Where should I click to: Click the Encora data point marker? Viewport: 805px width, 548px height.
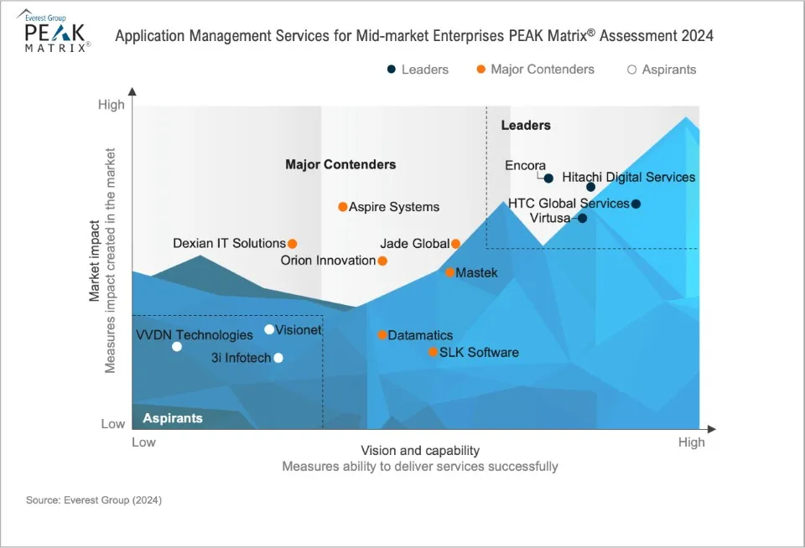pos(548,178)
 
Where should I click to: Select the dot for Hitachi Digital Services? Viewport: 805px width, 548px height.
pos(590,187)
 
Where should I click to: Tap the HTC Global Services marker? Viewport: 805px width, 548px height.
pos(636,204)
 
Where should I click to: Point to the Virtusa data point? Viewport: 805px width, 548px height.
pos(583,219)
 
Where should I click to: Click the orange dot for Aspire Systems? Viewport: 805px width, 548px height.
pos(342,207)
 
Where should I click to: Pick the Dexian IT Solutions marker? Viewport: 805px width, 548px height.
pos(293,244)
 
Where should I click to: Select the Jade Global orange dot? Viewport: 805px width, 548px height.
pos(456,244)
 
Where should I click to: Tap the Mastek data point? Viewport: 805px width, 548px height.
pos(450,272)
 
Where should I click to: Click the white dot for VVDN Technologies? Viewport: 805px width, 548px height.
pos(177,346)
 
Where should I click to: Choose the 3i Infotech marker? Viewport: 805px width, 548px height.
pos(278,358)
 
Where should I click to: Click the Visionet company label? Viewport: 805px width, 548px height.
pos(299,330)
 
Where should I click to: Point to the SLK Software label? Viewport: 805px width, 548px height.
pos(479,353)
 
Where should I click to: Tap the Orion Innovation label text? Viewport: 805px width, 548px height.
pos(329,261)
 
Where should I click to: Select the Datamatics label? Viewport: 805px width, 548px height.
pos(420,335)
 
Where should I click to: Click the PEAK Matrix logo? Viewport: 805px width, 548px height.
pos(55,34)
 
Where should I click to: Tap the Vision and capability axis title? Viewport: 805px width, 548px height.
pos(420,451)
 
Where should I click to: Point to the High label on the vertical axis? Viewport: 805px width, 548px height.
pos(111,105)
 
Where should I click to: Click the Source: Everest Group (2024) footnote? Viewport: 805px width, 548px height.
pos(94,500)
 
